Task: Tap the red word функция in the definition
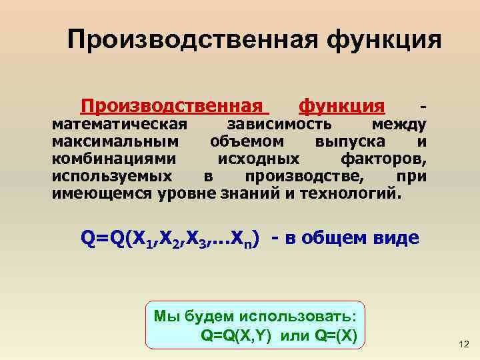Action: tap(341, 106)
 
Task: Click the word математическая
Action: tap(119, 124)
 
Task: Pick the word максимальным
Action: tap(115, 141)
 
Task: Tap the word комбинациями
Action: tap(115, 159)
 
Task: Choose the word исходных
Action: tap(258, 159)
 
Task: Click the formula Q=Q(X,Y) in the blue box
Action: tap(235, 334)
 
